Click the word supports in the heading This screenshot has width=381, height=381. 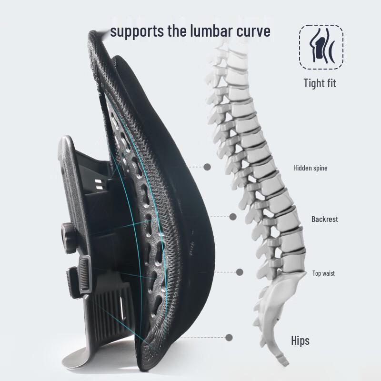(x=137, y=32)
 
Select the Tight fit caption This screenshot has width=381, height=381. (x=320, y=83)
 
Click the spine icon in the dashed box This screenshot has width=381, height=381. (x=321, y=46)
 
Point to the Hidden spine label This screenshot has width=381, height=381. (x=311, y=168)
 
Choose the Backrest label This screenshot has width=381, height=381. (x=325, y=219)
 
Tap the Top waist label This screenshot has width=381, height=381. (x=323, y=273)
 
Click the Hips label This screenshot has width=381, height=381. (x=301, y=341)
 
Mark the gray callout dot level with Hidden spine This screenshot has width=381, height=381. (x=207, y=167)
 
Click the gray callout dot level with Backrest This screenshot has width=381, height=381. (x=233, y=217)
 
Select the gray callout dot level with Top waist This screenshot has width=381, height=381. (x=240, y=272)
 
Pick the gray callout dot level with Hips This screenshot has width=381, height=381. (x=229, y=337)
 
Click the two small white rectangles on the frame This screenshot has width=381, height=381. (x=98, y=184)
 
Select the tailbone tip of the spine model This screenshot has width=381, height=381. (x=285, y=361)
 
